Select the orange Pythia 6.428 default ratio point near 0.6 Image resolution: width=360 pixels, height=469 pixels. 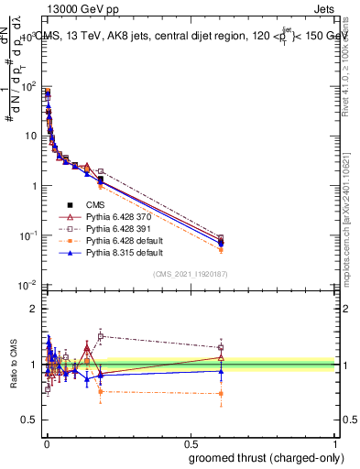[220, 394]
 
